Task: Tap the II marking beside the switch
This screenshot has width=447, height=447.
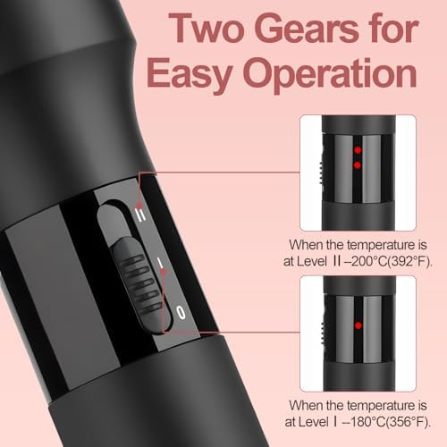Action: click(141, 215)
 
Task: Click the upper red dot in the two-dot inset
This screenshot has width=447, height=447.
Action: click(358, 150)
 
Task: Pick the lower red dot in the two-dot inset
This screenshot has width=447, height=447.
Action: click(358, 164)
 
